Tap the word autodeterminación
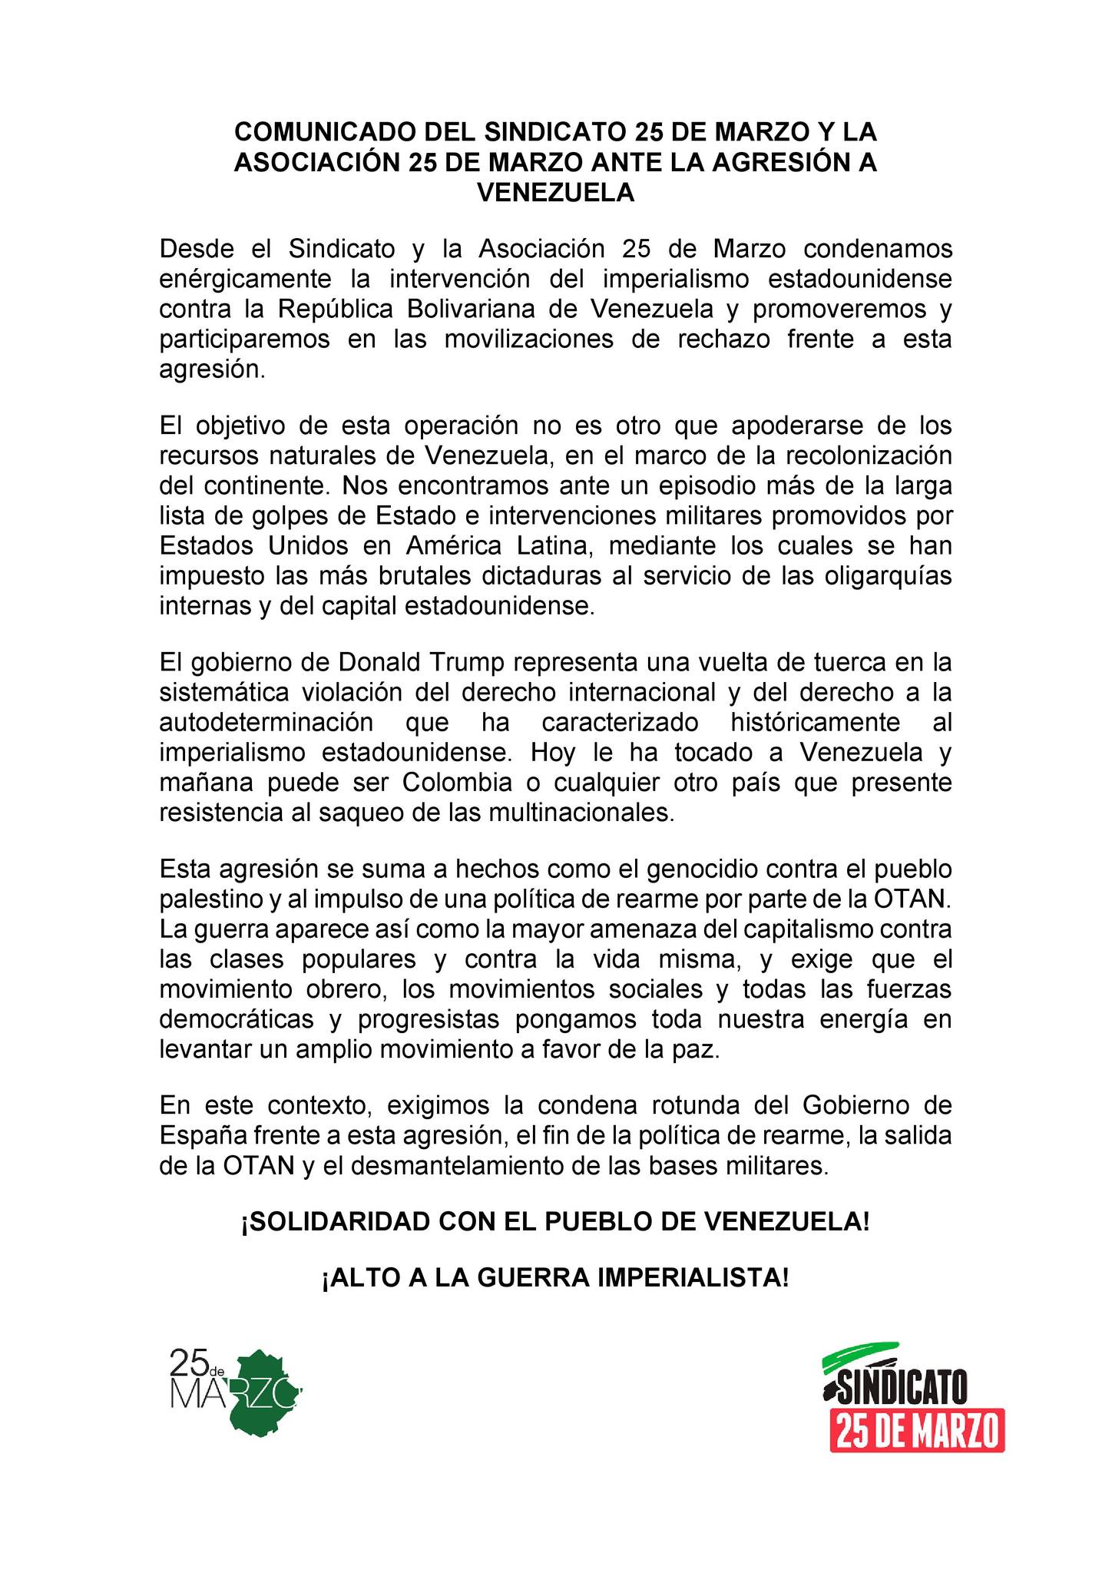266,722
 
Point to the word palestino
209,899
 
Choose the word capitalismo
813,929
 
